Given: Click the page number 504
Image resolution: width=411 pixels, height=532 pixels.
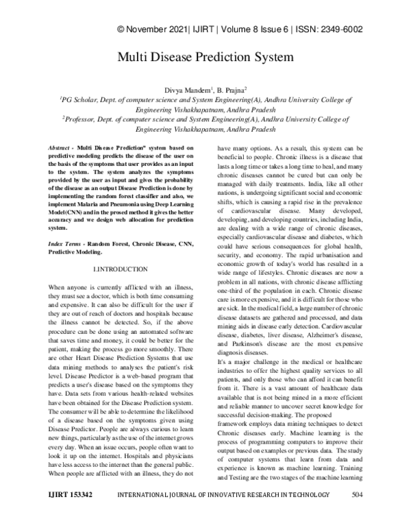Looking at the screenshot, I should point(357,512).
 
